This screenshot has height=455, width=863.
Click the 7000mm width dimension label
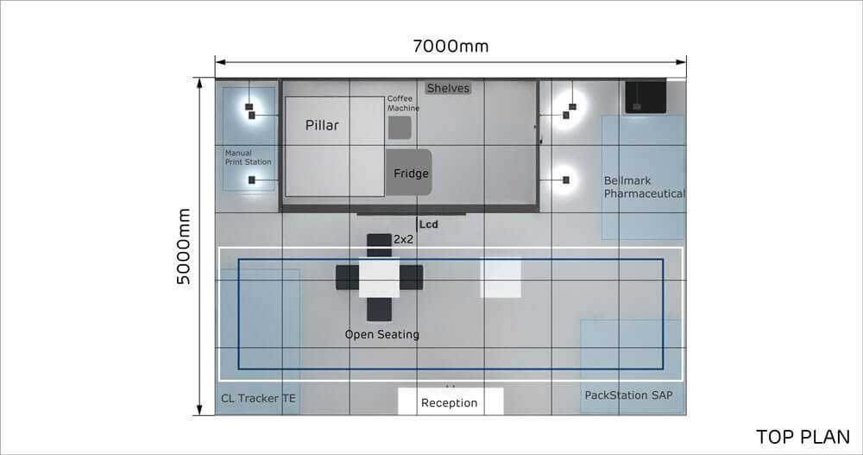450,47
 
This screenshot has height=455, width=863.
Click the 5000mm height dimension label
183,246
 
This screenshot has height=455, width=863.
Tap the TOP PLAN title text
803,437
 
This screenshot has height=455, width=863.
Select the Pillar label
322,125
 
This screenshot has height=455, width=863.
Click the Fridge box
408,173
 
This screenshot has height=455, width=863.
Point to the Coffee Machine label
403,103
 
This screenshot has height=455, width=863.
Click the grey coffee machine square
400,128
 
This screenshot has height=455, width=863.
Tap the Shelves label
448,88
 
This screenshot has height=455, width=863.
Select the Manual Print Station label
248,157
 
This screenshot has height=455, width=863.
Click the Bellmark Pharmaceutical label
644,187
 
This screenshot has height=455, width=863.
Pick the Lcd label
429,224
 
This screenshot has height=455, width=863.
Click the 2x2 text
403,239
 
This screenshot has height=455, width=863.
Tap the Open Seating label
382,334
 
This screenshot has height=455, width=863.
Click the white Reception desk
450,401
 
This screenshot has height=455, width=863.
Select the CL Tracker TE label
258,398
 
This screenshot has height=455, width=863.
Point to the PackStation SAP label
628,395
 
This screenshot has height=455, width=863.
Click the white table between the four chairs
379,278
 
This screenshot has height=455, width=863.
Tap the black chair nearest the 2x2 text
379,245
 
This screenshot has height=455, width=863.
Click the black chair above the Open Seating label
379,310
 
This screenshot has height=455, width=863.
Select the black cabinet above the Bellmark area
645,98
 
